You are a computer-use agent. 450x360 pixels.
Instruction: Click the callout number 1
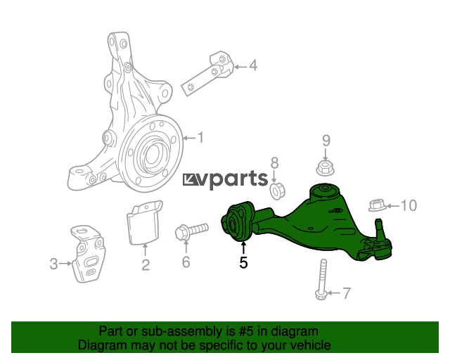coord(200,138)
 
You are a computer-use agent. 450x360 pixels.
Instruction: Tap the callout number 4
coord(253,65)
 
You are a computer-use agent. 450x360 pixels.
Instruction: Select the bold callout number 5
coord(243,263)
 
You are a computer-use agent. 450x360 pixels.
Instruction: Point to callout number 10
coord(409,205)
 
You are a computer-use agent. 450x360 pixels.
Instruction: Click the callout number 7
coord(347,293)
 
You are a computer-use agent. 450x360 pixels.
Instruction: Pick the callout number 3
coord(53,264)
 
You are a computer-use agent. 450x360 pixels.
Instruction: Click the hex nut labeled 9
coord(325,168)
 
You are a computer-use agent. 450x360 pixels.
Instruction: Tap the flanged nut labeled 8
coord(276,191)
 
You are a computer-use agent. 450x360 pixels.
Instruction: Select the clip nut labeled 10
coord(378,205)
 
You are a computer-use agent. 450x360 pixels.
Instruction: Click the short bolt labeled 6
coord(191,231)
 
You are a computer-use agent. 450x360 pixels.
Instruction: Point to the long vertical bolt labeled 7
coord(322,279)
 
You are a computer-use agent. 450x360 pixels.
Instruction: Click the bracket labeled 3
coord(87,254)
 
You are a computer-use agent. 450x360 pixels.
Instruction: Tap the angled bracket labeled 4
coord(208,73)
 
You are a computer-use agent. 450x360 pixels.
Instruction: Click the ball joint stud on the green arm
coord(379,227)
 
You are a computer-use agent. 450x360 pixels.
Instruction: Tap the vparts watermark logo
coord(225,180)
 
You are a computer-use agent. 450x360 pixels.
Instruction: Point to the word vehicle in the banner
coord(312,345)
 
